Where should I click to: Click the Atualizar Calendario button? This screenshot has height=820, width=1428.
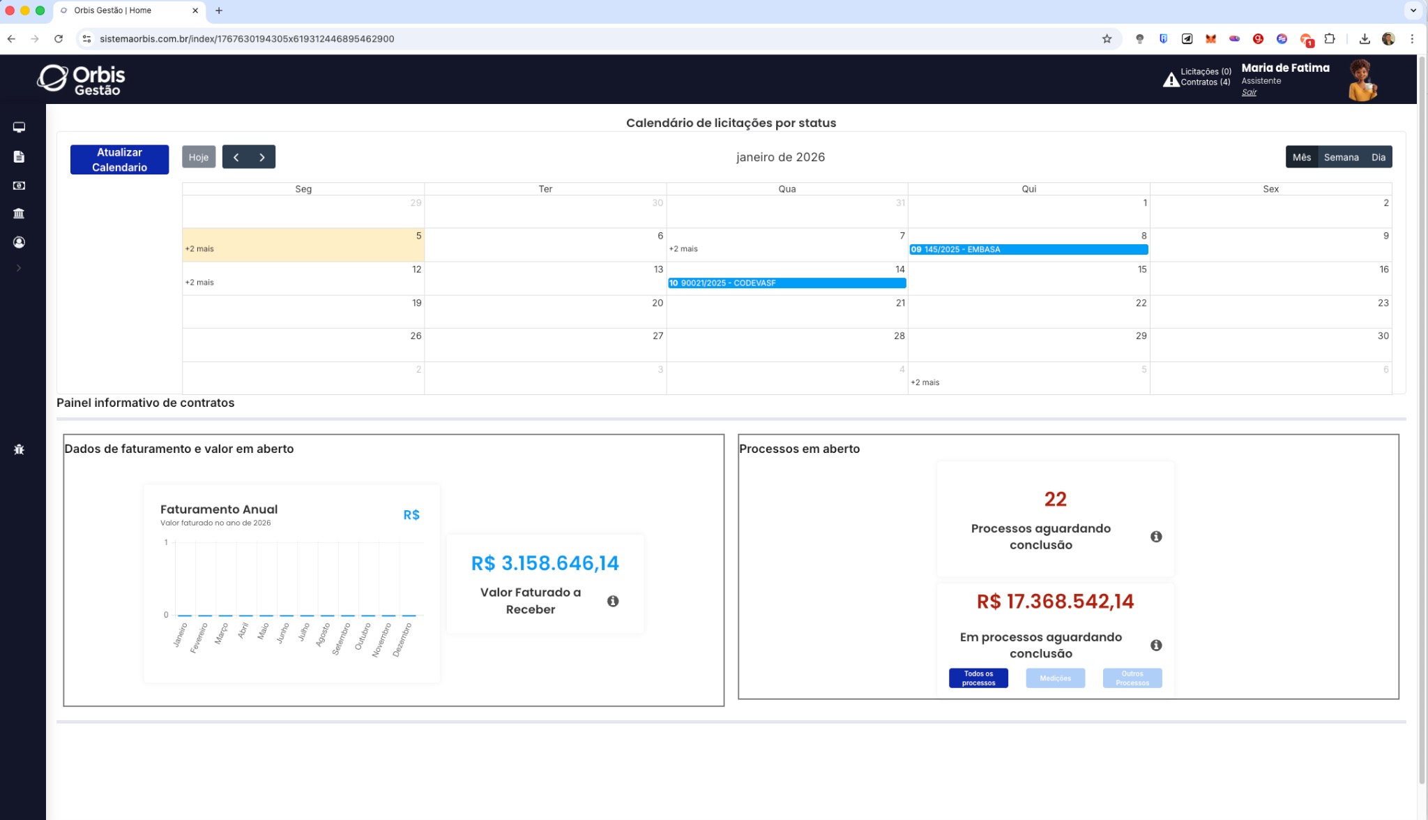point(119,160)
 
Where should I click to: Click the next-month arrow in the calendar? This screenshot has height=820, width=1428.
point(262,157)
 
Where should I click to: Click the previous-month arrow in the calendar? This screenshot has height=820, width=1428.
point(236,157)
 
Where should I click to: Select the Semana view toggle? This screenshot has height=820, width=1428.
point(1341,157)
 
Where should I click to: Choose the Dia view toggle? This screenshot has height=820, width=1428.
point(1378,157)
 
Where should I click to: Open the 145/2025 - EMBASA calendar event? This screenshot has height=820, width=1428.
point(1028,250)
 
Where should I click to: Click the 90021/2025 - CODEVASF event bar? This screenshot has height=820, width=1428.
point(787,283)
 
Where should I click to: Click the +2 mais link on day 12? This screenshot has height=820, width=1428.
point(199,283)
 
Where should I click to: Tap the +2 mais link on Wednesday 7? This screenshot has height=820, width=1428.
point(683,249)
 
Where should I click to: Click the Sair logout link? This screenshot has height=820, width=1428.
point(1249,93)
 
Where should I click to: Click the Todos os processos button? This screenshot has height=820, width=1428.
point(978,678)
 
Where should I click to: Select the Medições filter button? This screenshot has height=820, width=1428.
point(1055,678)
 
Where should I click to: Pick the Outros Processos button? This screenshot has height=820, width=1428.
point(1132,678)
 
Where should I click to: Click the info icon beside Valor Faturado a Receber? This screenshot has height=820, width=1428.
point(613,602)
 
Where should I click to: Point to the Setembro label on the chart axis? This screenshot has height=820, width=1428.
point(341,639)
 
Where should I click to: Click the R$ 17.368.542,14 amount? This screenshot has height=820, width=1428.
point(1055,602)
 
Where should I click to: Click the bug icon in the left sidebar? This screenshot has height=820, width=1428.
point(19,449)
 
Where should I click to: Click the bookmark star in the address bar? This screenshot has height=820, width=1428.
point(1107,39)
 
